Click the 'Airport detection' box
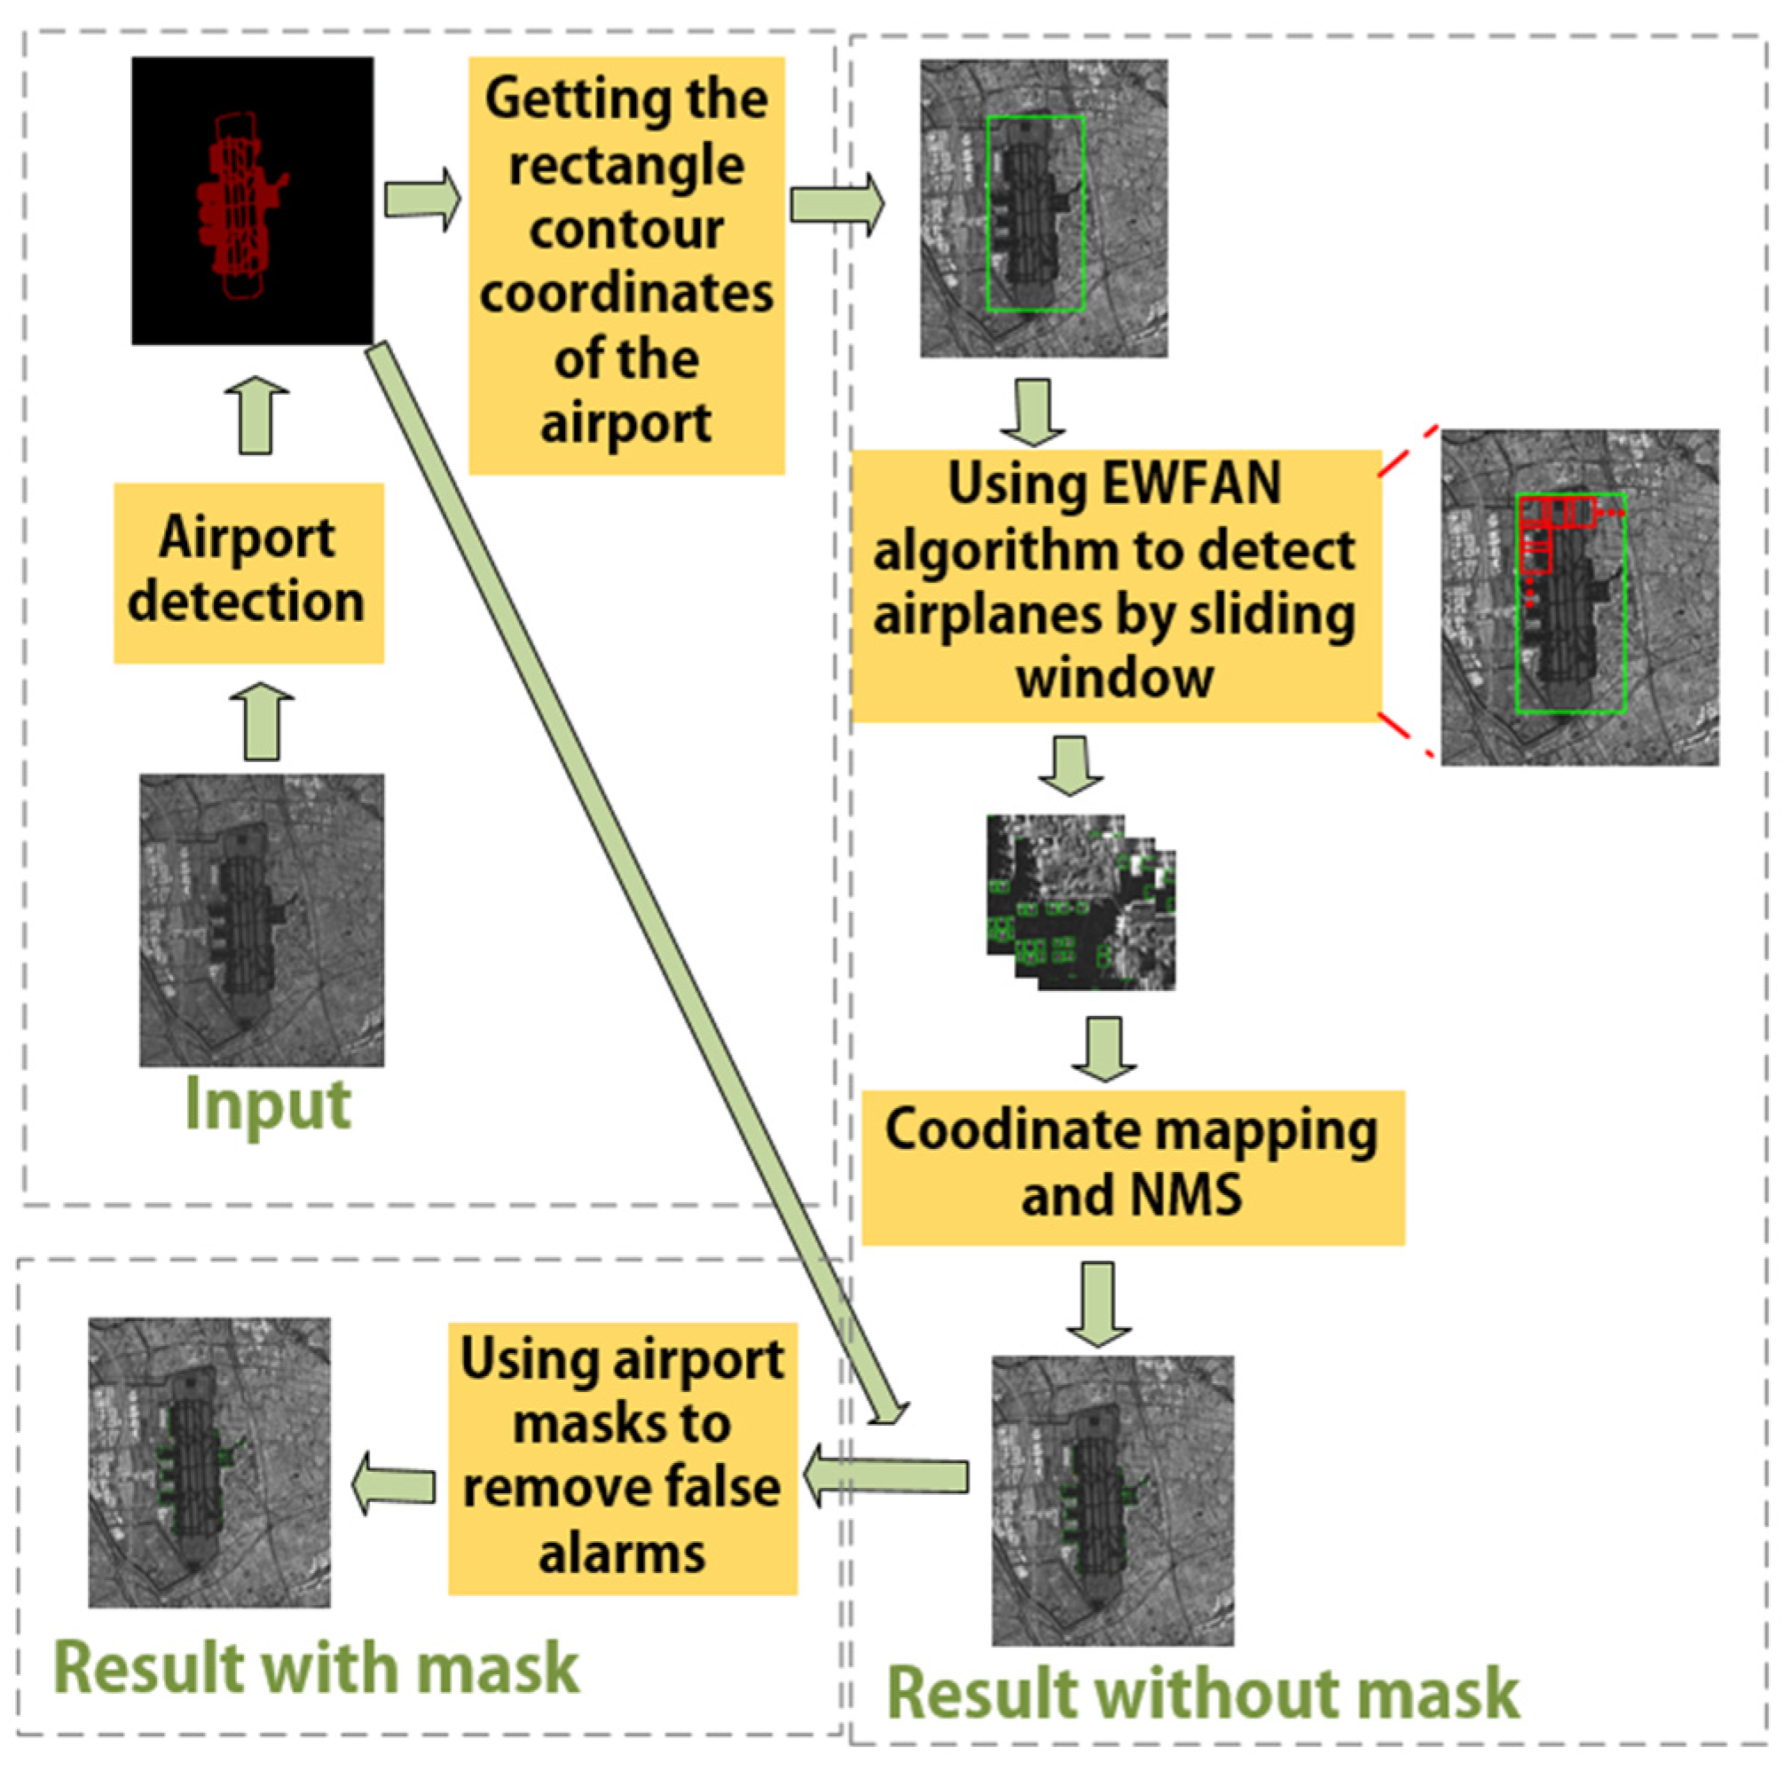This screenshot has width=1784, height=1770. (248, 572)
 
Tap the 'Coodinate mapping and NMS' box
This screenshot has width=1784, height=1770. (1132, 1167)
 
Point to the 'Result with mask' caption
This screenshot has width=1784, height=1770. (317, 1666)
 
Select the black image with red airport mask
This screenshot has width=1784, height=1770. (252, 201)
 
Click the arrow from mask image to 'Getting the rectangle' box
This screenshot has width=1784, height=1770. (422, 200)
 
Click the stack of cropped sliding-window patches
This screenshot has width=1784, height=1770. (1081, 903)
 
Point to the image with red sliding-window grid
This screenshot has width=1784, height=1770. (1579, 597)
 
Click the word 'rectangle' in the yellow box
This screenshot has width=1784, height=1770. (626, 166)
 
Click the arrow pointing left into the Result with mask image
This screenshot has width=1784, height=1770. (393, 1484)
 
